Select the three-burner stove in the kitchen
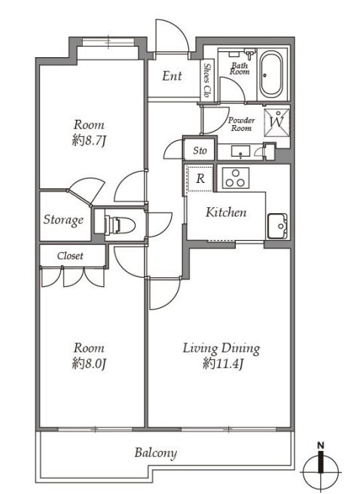point(236,178)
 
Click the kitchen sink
point(277,226)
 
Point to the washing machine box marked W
point(277,123)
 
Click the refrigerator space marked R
point(200,178)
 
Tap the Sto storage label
point(200,151)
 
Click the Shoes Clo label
point(206,81)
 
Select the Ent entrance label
point(172,76)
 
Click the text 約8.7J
point(89,141)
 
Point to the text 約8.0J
point(89,364)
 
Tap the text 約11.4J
point(223,364)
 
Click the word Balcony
point(156,453)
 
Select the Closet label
point(70,255)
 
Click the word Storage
point(63,220)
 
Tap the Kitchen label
point(226,212)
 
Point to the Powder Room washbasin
point(241,151)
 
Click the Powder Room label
point(242,123)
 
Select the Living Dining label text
point(221,349)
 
